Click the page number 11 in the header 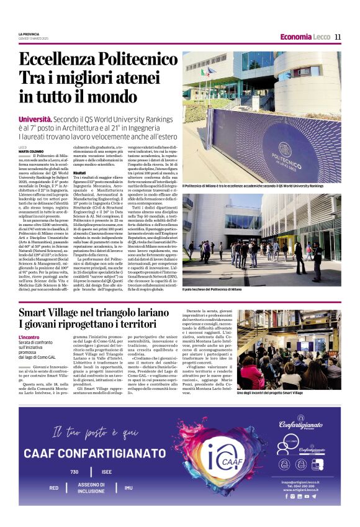[x=338, y=37]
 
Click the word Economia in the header [x=295, y=37]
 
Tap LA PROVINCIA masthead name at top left [x=29, y=34]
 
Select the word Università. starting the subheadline [x=35, y=118]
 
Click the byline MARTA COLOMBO [x=30, y=151]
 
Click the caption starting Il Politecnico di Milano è [x=253, y=186]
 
